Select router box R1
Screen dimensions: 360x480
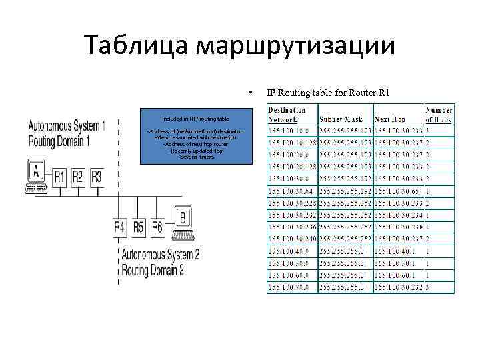[60, 177]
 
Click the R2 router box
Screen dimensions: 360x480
[79, 177]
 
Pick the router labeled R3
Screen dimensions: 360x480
[97, 177]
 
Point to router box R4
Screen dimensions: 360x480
[119, 227]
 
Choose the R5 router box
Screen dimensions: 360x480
[138, 227]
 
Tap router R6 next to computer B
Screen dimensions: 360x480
[157, 227]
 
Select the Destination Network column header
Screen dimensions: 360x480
[287, 115]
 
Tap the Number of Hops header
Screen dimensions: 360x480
[439, 115]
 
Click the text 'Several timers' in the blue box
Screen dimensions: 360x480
[196, 157]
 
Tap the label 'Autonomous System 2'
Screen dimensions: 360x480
[160, 255]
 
